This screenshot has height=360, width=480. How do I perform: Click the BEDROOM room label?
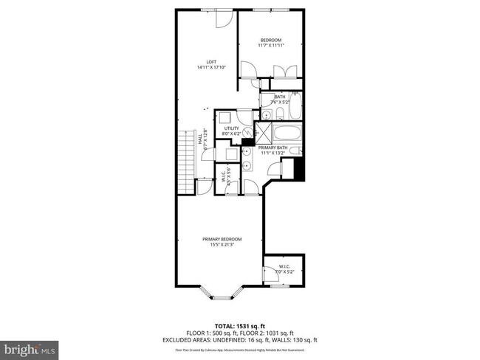pyautogui.click(x=271, y=40)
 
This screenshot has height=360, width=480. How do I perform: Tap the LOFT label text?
pyautogui.click(x=210, y=62)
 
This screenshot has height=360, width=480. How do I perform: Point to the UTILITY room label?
pyautogui.click(x=231, y=128)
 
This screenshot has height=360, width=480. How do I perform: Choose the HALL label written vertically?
pyautogui.click(x=199, y=138)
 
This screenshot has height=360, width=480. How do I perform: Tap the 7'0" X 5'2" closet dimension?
pyautogui.click(x=284, y=272)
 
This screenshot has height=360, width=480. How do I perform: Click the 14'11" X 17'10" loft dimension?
pyautogui.click(x=210, y=68)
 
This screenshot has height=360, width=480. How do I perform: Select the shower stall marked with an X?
pyautogui.click(x=261, y=134)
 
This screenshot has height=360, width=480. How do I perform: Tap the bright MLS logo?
pyautogui.click(x=30, y=347)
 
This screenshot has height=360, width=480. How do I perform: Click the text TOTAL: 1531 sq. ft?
pyautogui.click(x=239, y=325)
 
